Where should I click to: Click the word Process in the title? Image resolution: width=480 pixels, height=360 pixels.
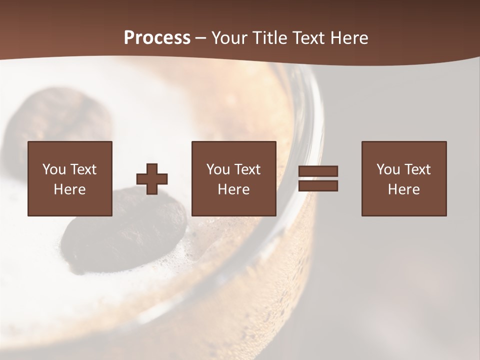[x=157, y=38]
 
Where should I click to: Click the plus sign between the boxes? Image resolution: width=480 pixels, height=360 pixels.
[x=152, y=179]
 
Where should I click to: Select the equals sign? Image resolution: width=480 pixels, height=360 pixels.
[x=318, y=178]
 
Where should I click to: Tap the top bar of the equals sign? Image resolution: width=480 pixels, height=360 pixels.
[x=318, y=171]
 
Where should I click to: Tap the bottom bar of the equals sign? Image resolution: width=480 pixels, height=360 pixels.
[x=318, y=186]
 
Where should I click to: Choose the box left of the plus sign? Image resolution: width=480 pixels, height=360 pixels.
[x=69, y=179]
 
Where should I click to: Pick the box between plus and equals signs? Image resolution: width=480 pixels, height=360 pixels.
[x=233, y=179]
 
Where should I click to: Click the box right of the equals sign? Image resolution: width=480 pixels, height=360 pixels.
[x=404, y=179]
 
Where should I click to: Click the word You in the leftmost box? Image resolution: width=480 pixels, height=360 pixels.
[x=53, y=169]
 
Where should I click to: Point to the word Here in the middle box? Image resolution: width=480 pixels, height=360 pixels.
[x=233, y=189]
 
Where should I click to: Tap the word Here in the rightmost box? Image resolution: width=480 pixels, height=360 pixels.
[x=403, y=189]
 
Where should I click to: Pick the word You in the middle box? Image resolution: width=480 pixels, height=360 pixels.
[x=217, y=169]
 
